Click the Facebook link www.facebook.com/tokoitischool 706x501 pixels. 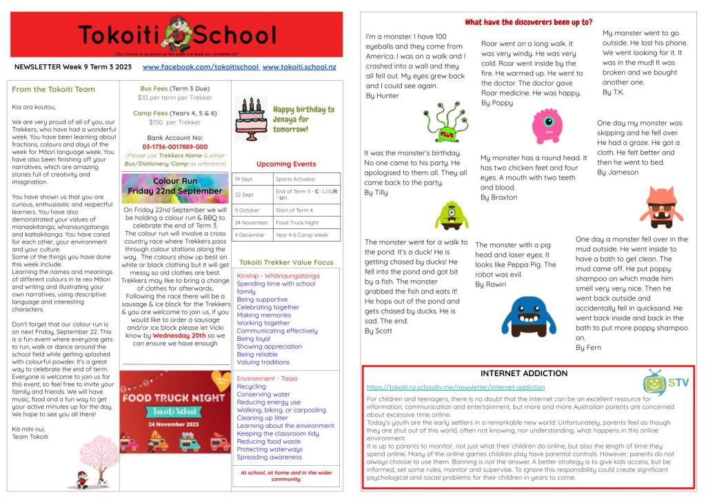tap(201, 67)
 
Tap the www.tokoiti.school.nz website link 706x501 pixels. tap(299, 67)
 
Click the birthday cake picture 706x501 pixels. tap(251, 118)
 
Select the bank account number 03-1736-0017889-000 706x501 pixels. tap(174, 147)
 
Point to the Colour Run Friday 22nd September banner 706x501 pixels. tap(174, 187)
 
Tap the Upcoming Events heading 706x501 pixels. tap(286, 164)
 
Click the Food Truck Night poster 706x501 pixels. tap(174, 412)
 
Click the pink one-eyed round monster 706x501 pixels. tap(547, 126)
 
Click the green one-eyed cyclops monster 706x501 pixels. tap(452, 215)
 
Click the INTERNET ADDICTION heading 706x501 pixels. tap(524, 373)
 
